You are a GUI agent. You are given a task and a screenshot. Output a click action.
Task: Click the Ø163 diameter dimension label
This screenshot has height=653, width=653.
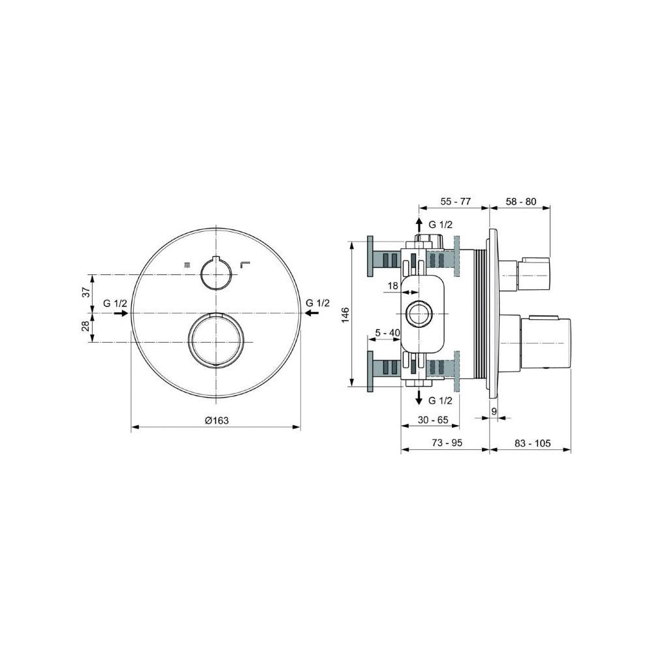click(x=217, y=420)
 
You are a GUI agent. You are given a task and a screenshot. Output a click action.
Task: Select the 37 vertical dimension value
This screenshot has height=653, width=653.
click(x=86, y=292)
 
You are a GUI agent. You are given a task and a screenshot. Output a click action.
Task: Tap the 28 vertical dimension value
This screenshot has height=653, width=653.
click(x=86, y=326)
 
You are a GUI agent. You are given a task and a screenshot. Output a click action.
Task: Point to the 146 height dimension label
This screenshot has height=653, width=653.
click(x=345, y=315)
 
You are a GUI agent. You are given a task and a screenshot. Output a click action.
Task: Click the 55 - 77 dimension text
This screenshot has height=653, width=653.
click(x=455, y=202)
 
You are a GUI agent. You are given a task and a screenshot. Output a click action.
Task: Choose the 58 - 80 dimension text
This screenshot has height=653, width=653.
click(x=521, y=202)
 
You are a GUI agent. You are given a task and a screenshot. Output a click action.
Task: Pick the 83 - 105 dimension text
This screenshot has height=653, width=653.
click(x=532, y=443)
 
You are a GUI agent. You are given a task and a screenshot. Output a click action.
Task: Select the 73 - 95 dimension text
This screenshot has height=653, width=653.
click(x=447, y=443)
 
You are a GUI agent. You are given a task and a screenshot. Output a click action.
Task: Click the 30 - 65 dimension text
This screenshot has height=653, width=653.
click(x=433, y=420)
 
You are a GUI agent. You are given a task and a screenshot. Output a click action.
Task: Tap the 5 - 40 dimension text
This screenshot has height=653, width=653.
click(x=387, y=333)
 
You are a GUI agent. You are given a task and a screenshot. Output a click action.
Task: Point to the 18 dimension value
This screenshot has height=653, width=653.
click(x=392, y=286)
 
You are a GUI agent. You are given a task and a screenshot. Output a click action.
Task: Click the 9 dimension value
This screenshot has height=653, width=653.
click(x=494, y=411)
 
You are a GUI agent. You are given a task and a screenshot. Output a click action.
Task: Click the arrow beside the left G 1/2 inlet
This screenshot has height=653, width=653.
click(x=121, y=313)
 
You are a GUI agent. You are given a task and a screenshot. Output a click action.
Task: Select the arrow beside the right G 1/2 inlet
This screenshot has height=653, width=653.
click(x=312, y=313)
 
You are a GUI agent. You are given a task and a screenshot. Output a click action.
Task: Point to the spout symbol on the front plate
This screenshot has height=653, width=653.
click(x=244, y=264)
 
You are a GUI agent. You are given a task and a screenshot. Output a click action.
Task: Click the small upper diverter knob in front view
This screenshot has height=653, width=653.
click(x=215, y=273)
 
